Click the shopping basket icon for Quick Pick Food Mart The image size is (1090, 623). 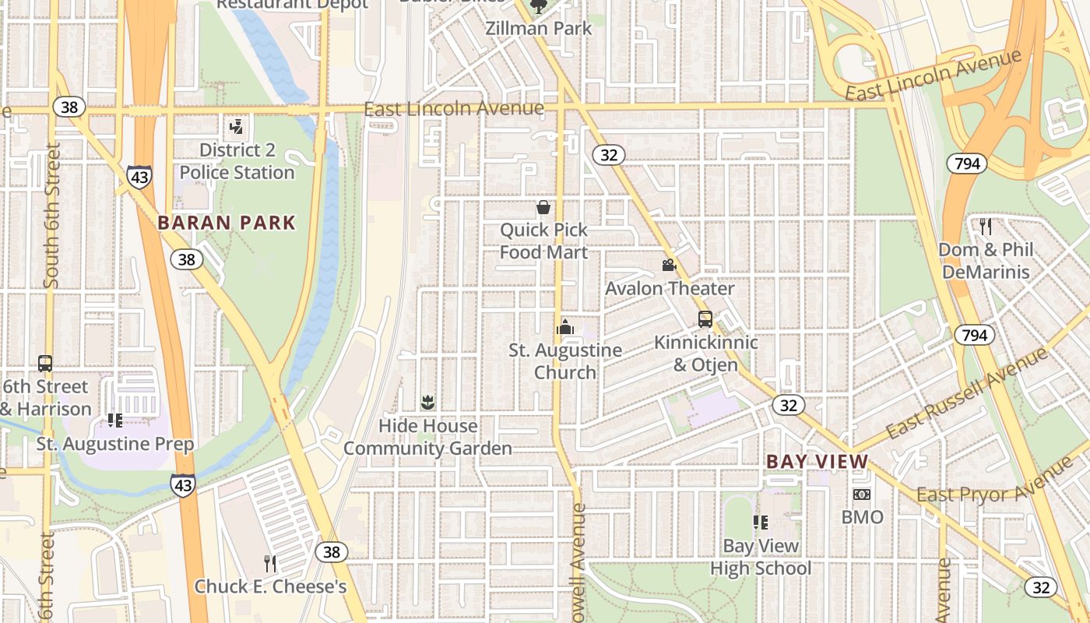(543, 207)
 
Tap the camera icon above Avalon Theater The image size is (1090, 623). (669, 266)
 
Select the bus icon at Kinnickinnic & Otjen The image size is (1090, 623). (705, 319)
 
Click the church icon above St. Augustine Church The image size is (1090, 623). (565, 327)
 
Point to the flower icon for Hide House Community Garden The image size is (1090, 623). (427, 403)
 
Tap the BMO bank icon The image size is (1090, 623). (861, 495)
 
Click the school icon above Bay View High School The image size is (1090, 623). (761, 523)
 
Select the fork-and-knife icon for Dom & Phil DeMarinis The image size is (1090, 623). (986, 227)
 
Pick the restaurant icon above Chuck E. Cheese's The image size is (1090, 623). (270, 563)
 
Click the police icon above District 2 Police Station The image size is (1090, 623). (236, 126)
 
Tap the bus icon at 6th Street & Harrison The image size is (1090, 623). (45, 364)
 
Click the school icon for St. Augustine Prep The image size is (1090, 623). (115, 421)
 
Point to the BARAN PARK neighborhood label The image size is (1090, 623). (227, 223)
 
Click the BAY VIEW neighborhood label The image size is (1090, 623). (817, 461)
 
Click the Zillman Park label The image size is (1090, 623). (538, 29)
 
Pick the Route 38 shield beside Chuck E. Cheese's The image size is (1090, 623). (332, 552)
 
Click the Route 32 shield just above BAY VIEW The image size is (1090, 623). (789, 405)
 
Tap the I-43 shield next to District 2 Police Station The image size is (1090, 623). (139, 178)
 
